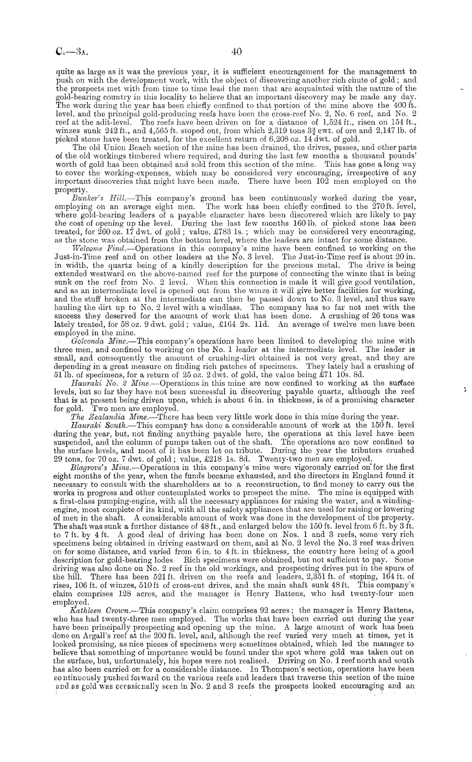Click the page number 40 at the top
pos(236,52)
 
